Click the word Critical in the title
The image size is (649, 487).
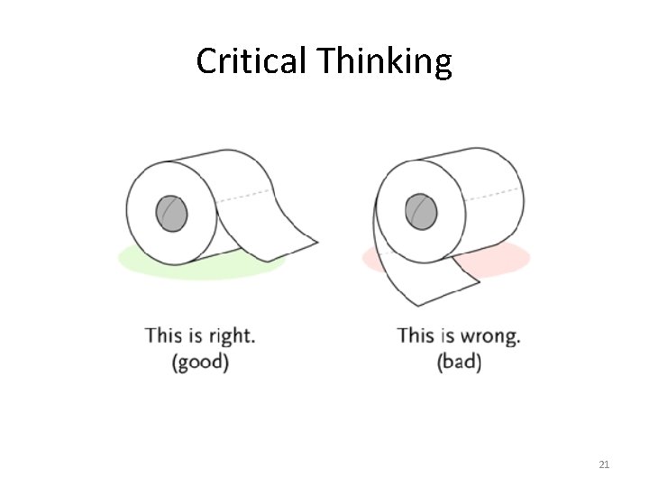tap(251, 61)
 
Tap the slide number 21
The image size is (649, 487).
tap(604, 464)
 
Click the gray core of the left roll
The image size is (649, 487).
tap(171, 214)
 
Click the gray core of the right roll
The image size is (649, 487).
tap(420, 212)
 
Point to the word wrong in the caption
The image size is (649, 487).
tap(489, 337)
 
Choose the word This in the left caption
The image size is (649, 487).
tap(163, 335)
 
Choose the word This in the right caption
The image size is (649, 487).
tap(416, 335)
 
